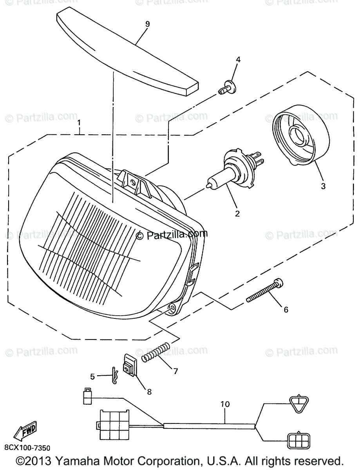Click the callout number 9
click(147, 24)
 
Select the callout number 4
click(238, 60)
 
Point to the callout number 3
click(323, 186)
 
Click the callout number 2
click(237, 214)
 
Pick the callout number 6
click(297, 309)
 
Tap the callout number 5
click(92, 377)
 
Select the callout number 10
click(225, 404)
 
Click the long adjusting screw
click(265, 291)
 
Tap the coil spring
click(156, 351)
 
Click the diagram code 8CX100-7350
click(27, 447)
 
